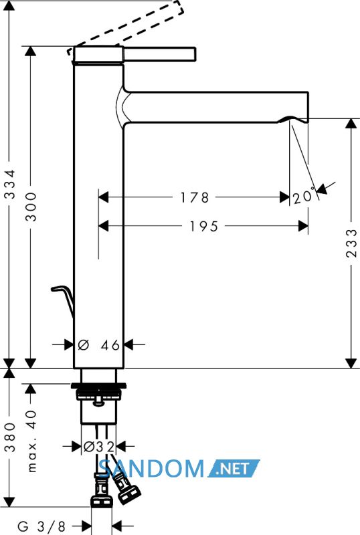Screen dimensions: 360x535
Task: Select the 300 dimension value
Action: pos(31,207)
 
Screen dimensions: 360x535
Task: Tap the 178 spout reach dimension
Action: pos(194,197)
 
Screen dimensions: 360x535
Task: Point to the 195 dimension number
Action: pos(204,226)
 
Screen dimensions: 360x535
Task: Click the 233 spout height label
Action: pos(351,243)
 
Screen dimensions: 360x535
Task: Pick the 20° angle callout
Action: pos(304,196)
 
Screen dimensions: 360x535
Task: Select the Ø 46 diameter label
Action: pos(99,345)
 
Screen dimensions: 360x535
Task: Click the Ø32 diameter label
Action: pos(99,446)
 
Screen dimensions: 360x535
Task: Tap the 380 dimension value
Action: pos(10,437)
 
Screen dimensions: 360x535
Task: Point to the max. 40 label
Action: pos(31,441)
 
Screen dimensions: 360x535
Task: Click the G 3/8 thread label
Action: pos(41,526)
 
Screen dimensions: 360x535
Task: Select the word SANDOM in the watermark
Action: pos(152,468)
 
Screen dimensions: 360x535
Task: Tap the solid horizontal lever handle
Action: pos(159,55)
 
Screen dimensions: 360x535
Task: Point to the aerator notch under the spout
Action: pos(292,119)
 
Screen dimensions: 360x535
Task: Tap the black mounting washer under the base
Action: pos(99,386)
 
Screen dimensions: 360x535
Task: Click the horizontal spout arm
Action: pos(216,107)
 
